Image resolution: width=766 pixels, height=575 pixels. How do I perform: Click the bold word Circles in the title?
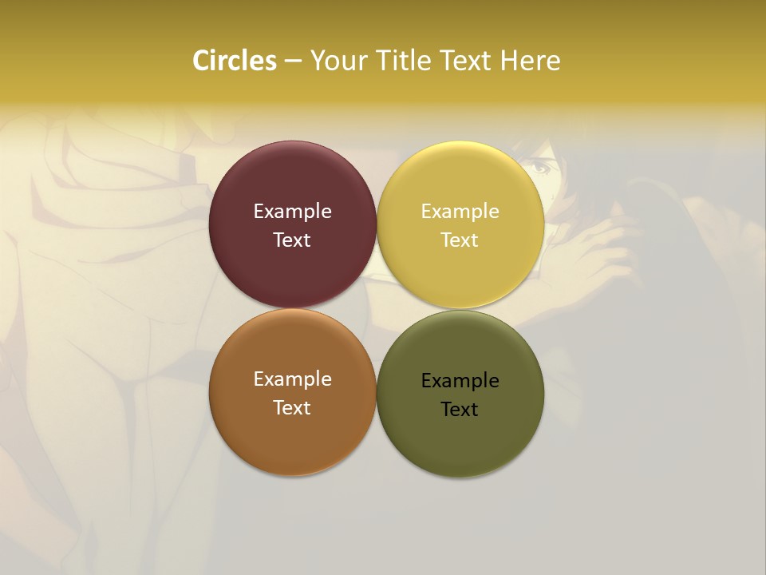pyautogui.click(x=234, y=61)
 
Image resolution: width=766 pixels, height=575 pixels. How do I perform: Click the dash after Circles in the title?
pyautogui.click(x=293, y=61)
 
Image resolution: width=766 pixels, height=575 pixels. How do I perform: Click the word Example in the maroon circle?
pyautogui.click(x=292, y=212)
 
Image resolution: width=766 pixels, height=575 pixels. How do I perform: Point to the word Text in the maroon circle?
pyautogui.click(x=292, y=240)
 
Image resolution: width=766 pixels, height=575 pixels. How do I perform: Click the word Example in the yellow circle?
pyautogui.click(x=460, y=212)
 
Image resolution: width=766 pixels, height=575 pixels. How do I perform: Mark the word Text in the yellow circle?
pyautogui.click(x=460, y=240)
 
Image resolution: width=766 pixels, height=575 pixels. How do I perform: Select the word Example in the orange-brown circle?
pyautogui.click(x=292, y=379)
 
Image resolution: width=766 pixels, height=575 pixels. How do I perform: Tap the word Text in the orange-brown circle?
pyautogui.click(x=292, y=407)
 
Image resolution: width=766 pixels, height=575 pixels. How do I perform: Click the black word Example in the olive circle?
pyautogui.click(x=460, y=381)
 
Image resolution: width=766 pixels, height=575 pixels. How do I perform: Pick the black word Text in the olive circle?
pyautogui.click(x=460, y=409)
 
